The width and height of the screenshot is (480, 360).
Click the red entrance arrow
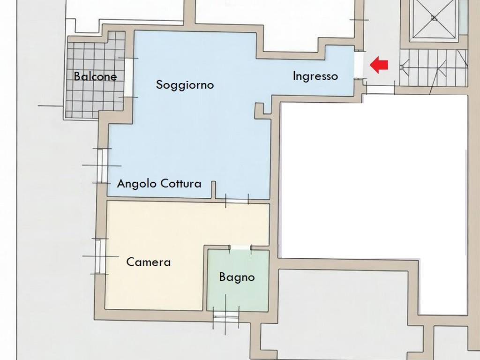point(379,65)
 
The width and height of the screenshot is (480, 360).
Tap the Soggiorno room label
point(185,85)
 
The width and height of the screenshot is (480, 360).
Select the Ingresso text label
point(315,76)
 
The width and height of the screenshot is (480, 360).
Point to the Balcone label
point(95,76)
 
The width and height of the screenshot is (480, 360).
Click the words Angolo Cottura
point(159,183)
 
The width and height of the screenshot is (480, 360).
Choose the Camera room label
point(149,262)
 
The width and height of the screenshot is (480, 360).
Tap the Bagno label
point(237,277)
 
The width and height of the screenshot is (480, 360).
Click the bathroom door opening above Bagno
point(240,247)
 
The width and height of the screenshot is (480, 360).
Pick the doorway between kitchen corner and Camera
point(237,201)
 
